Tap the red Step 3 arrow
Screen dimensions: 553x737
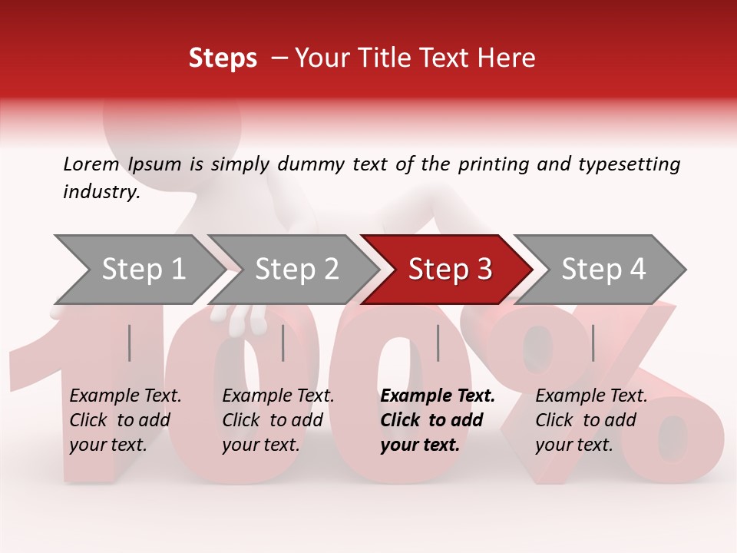[450, 270]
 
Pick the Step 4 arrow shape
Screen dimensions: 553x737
[603, 270]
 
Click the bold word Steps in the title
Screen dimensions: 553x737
[223, 58]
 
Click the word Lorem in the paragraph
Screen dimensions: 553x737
[91, 164]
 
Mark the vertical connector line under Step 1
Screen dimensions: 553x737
[130, 343]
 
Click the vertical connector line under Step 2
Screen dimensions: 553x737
[283, 343]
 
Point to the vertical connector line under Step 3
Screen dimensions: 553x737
[438, 343]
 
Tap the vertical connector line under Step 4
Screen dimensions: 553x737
[593, 343]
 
